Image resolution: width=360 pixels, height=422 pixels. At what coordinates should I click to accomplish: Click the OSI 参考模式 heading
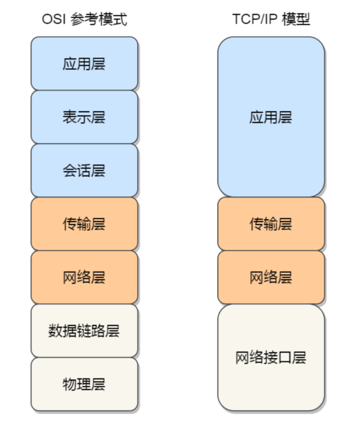84,20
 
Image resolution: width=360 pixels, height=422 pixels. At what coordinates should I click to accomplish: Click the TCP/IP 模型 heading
271,20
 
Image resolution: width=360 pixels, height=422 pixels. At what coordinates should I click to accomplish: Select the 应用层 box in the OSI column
84,63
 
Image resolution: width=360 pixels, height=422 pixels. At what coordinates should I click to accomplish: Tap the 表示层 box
84,117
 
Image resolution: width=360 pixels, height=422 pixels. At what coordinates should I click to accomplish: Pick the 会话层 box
84,170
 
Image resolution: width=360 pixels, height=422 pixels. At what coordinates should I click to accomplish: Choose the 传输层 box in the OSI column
84,224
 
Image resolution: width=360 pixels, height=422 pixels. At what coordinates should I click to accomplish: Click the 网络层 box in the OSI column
84,277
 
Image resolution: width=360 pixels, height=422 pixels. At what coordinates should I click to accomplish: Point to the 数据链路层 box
84,330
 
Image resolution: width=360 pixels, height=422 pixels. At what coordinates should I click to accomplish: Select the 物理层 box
84,384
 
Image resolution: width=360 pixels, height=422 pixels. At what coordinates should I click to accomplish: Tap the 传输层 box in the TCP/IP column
271,224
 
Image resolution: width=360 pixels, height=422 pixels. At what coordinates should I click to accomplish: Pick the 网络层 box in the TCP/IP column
271,277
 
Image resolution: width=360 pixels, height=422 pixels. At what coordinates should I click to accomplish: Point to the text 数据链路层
84,331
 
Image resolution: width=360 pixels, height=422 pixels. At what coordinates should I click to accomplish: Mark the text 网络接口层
271,357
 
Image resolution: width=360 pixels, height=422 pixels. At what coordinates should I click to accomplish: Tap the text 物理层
84,384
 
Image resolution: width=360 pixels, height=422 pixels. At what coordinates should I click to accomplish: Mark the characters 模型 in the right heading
296,20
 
